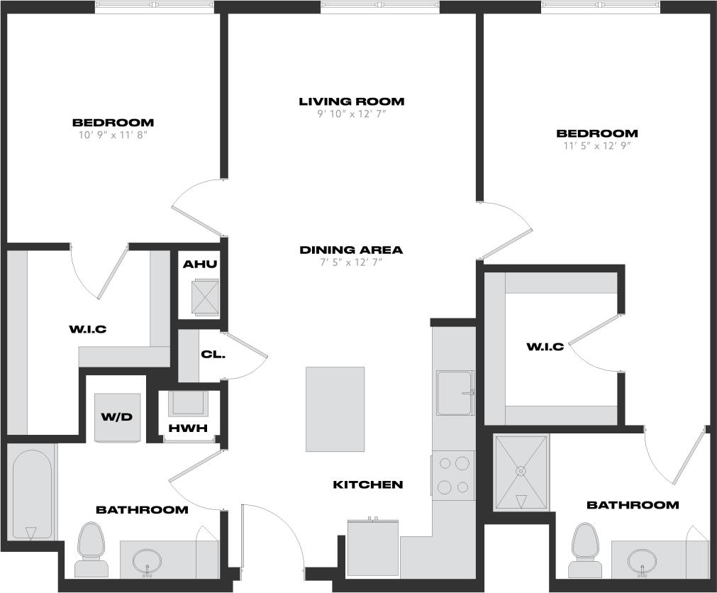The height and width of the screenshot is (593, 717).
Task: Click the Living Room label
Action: coord(351,101)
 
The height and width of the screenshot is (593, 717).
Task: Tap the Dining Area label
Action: coord(351,250)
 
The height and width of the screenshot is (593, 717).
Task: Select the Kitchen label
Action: coord(368,484)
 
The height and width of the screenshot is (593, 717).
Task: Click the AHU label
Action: coord(200,265)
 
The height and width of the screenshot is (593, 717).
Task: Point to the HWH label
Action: coord(188,428)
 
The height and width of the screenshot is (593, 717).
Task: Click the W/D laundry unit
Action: coord(117,417)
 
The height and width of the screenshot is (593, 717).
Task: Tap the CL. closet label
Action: coord(213,354)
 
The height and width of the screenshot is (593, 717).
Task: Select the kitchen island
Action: coord(335,409)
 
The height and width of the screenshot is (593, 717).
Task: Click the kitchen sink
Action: coord(455,392)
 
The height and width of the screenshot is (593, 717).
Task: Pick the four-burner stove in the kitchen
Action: coord(454,475)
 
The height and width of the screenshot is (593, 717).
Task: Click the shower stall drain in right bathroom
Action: coord(521,470)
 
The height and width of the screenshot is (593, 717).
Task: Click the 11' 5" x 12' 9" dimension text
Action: coord(596,146)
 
